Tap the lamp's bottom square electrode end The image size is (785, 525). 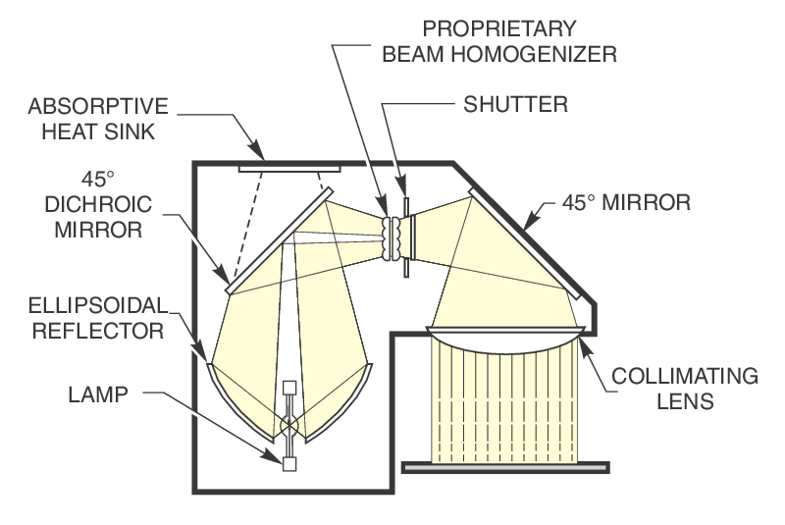coord(289,464)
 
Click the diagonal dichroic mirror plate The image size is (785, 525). coord(281,239)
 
